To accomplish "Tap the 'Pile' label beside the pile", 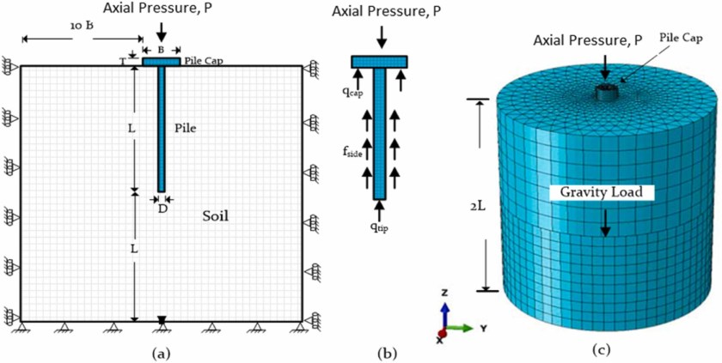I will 186,128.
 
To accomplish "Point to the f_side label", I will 350,152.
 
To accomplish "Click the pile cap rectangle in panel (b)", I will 379,62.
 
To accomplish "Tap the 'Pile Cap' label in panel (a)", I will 200,63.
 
